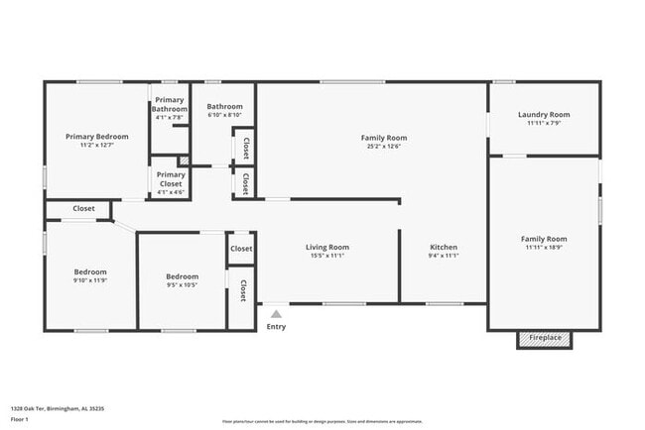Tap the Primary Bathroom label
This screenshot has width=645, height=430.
pyautogui.click(x=170, y=104)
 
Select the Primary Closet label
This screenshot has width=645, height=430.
pyautogui.click(x=171, y=178)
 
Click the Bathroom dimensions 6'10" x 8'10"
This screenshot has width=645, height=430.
pyautogui.click(x=224, y=115)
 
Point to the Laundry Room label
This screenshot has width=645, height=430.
pyautogui.click(x=544, y=114)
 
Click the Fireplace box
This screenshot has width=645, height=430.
pyautogui.click(x=544, y=339)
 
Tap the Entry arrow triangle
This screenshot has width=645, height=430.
pyautogui.click(x=276, y=314)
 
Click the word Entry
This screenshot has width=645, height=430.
pyautogui.click(x=276, y=327)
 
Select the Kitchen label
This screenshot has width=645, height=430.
pyautogui.click(x=444, y=247)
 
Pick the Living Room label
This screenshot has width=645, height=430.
pyautogui.click(x=326, y=247)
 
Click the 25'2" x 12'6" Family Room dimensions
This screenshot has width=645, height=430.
pyautogui.click(x=383, y=147)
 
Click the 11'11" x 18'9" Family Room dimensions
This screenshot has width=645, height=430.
pyautogui.click(x=544, y=248)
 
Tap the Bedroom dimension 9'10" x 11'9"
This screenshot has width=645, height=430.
pyautogui.click(x=90, y=280)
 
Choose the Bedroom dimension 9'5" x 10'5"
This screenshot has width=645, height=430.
pyautogui.click(x=182, y=285)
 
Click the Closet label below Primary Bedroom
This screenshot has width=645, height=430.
pyautogui.click(x=83, y=209)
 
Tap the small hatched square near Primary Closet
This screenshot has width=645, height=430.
pyautogui.click(x=183, y=161)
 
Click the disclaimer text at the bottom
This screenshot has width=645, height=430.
pyautogui.click(x=322, y=421)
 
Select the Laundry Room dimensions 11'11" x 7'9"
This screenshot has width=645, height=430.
pyautogui.click(x=544, y=123)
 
